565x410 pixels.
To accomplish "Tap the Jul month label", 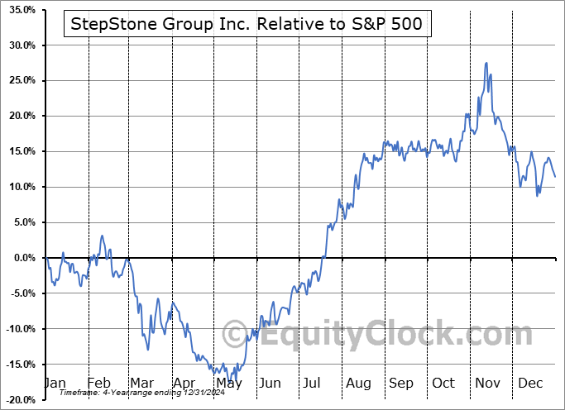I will pyautogui.click(x=312, y=384).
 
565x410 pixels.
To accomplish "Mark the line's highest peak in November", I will pyautogui.click(x=486, y=63).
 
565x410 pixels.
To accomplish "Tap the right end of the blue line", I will pyautogui.click(x=555, y=177).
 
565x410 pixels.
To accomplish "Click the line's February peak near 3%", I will pyautogui.click(x=102, y=236).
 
